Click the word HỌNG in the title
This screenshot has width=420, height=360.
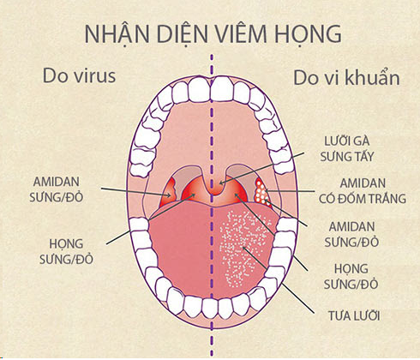tap(308, 34)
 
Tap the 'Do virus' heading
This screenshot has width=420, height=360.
tap(79, 75)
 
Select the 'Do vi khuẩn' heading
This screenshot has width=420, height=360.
tap(346, 77)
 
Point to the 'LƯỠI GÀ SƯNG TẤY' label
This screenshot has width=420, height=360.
tap(346, 148)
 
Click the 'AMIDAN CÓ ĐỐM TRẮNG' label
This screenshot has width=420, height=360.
tap(363, 191)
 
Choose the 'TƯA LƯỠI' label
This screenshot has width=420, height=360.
tap(354, 315)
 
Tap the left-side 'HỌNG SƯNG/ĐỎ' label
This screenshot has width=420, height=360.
tap(66, 251)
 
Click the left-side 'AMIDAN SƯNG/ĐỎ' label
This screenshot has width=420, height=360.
tap(57, 189)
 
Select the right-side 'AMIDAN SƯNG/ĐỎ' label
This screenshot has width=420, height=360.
tap(351, 234)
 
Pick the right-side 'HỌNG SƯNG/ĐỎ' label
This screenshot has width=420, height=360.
tap(351, 276)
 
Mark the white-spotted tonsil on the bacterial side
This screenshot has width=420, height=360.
tap(261, 190)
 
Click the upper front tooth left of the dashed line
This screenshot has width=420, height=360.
tap(200, 89)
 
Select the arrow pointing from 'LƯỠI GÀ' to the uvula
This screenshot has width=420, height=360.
tap(261, 168)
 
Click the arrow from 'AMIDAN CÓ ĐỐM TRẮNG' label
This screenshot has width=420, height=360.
tap(290, 191)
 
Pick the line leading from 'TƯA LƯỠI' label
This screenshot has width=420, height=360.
tap(278, 279)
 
